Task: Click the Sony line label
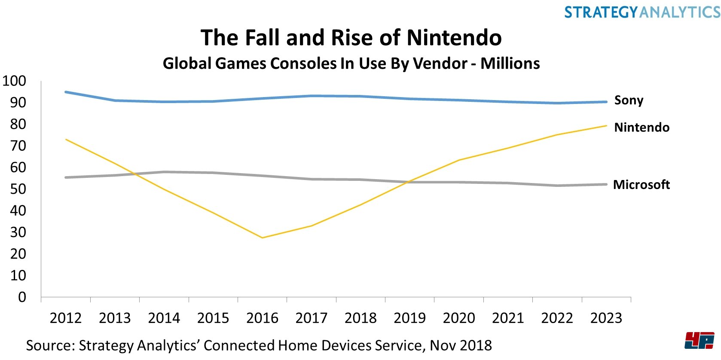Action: click(x=629, y=101)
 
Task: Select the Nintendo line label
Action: click(x=642, y=128)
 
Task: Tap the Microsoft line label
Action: click(x=641, y=185)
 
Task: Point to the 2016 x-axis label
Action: click(x=262, y=318)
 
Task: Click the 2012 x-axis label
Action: click(x=65, y=318)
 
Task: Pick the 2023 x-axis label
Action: click(x=606, y=318)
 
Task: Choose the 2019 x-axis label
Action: click(x=409, y=318)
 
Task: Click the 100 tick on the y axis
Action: click(x=14, y=81)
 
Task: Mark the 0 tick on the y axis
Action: click(x=22, y=297)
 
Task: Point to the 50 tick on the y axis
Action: click(x=18, y=189)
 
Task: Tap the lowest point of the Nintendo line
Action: click(x=262, y=238)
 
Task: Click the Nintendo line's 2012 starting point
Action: click(x=66, y=139)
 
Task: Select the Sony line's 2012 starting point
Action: click(x=66, y=92)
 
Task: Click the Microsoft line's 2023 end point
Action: click(x=606, y=185)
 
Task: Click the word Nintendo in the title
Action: click(x=454, y=38)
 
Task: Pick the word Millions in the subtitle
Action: click(x=510, y=64)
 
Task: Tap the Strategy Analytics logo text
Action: click(x=642, y=12)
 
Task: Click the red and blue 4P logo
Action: click(x=700, y=341)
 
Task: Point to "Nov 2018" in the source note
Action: click(x=461, y=345)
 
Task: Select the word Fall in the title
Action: click(x=263, y=38)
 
